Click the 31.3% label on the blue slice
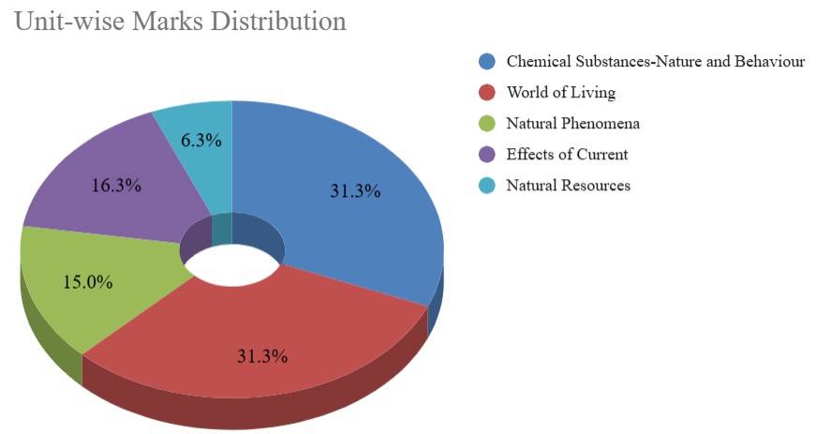click(x=355, y=190)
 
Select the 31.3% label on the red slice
click(x=262, y=356)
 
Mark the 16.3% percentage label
click(x=116, y=186)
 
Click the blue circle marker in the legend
click(x=486, y=62)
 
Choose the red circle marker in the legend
click(x=486, y=93)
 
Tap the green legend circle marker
click(x=486, y=124)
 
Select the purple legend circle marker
click(x=486, y=155)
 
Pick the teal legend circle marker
click(x=486, y=186)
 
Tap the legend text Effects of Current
click(x=567, y=155)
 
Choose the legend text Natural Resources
click(x=568, y=186)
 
